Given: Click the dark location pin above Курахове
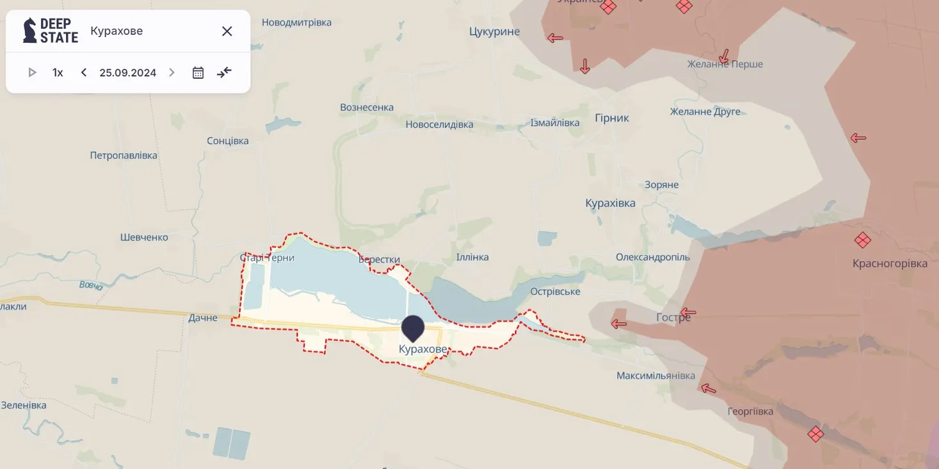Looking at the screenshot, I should click(x=413, y=327).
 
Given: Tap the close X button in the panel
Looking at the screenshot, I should click(x=227, y=31).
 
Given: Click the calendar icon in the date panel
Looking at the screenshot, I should click(x=198, y=73).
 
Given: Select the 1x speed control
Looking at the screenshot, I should click(x=58, y=73).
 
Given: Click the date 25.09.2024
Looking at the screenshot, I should click(x=127, y=73).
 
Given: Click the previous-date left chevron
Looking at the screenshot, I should click(x=84, y=73).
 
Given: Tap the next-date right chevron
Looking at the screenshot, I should click(x=172, y=73).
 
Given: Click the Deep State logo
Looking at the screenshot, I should click(x=51, y=31).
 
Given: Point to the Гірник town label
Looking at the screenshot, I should click(x=612, y=118).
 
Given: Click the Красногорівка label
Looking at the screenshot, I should click(x=890, y=264).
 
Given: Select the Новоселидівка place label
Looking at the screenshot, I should click(x=439, y=124).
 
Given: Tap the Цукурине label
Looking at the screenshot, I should click(x=494, y=31).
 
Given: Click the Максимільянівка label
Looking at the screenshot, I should click(x=655, y=376).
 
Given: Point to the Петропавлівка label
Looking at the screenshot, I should click(x=124, y=156).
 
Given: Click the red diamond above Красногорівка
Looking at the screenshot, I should click(x=862, y=240).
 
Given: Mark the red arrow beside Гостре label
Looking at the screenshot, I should click(x=687, y=313).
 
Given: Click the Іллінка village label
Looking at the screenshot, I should click(x=472, y=257).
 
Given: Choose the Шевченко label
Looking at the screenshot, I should click(x=144, y=238).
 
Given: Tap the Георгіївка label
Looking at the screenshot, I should click(x=750, y=411).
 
